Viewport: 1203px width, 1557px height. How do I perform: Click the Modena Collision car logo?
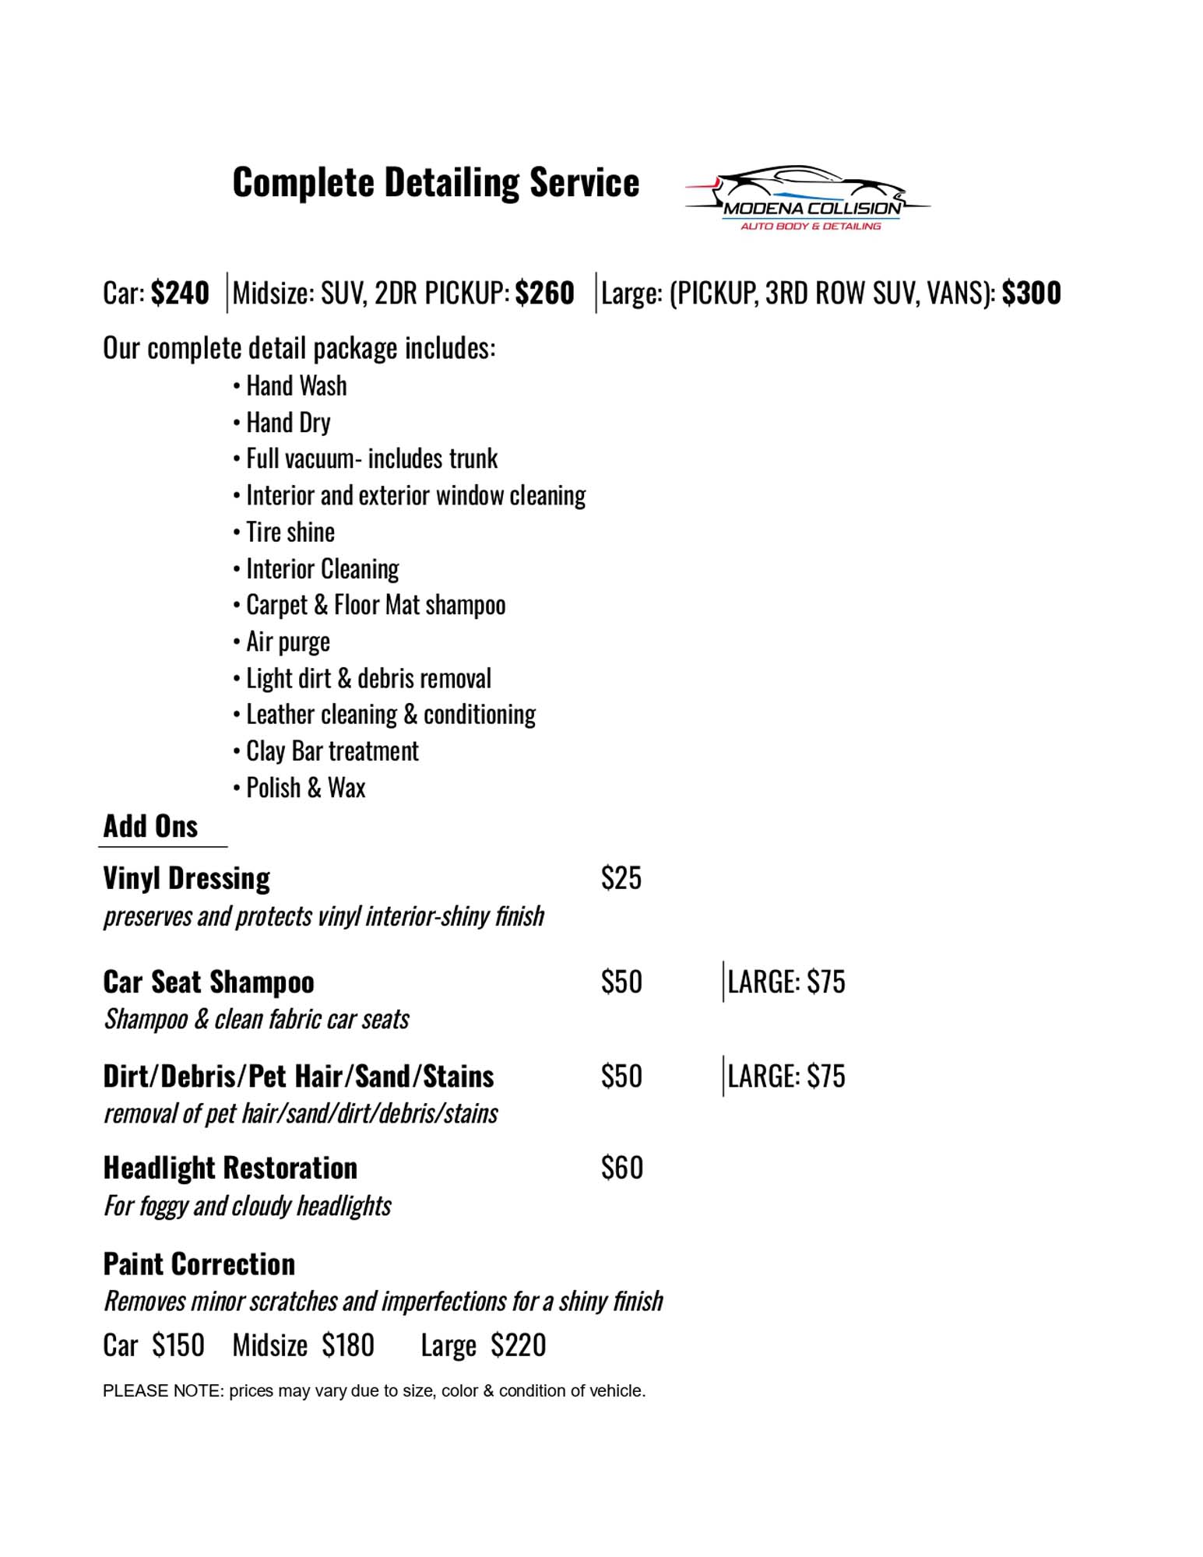[x=807, y=199]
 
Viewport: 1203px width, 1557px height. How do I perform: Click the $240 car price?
[x=180, y=293]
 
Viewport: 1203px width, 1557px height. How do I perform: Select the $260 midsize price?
[x=544, y=293]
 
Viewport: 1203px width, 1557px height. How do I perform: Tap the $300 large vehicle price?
[x=1031, y=293]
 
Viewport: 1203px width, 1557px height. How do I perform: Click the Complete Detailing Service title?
[x=435, y=183]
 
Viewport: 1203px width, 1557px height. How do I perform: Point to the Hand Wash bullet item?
[x=296, y=386]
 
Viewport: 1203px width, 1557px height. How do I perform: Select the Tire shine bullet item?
[x=290, y=532]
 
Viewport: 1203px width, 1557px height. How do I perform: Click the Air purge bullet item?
[x=287, y=642]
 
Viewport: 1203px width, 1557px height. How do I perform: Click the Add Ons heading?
[x=150, y=827]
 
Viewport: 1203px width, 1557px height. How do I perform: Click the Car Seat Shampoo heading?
[x=209, y=982]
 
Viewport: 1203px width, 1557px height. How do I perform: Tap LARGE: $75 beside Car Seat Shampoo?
[x=786, y=982]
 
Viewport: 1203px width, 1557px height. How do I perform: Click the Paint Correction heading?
[x=199, y=1264]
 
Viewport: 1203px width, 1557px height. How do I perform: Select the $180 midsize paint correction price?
[x=348, y=1345]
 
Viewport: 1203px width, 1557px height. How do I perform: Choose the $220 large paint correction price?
[x=518, y=1345]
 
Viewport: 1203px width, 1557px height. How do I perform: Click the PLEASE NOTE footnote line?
[x=374, y=1391]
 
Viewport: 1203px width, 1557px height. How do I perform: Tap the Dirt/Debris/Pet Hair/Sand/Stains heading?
[x=298, y=1077]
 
